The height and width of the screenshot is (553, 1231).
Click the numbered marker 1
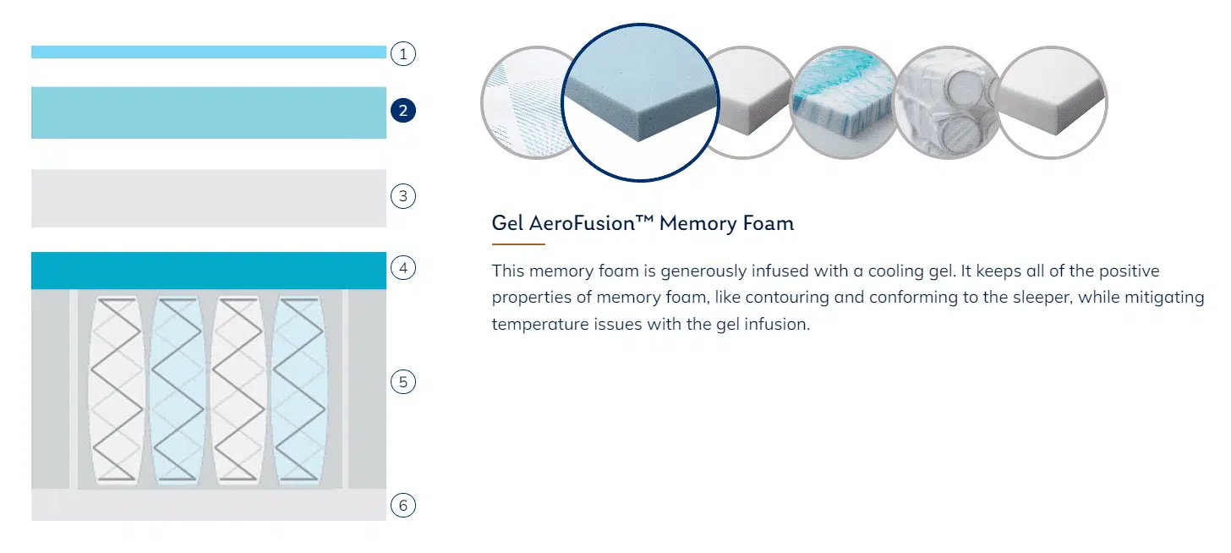(x=402, y=54)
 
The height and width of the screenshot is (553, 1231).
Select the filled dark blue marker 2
(x=402, y=111)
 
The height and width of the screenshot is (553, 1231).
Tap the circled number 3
(x=402, y=196)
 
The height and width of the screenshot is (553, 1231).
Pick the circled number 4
(x=402, y=268)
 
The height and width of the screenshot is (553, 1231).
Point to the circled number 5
(x=402, y=382)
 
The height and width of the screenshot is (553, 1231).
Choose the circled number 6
(x=402, y=505)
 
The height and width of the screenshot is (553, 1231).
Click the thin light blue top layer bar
(x=209, y=52)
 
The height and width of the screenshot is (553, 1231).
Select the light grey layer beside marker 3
(x=209, y=199)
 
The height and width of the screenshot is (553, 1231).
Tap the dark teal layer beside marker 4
(x=209, y=271)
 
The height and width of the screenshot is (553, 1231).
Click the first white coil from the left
(x=117, y=390)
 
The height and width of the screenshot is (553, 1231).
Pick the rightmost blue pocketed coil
(x=299, y=390)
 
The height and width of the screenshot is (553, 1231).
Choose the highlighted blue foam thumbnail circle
(x=640, y=102)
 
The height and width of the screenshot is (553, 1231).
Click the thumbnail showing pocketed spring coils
(x=948, y=103)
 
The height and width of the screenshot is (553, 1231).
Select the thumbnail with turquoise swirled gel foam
(x=845, y=103)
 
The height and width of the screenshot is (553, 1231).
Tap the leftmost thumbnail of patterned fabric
(x=525, y=103)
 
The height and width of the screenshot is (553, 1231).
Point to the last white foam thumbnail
(x=1052, y=103)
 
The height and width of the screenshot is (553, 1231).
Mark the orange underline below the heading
(x=518, y=244)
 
